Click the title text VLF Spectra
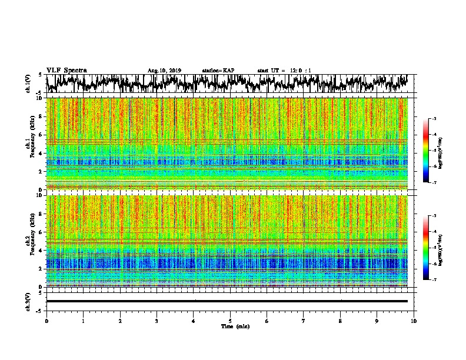click(66, 70)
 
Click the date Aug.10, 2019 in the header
click(165, 71)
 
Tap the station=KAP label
click(218, 71)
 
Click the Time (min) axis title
click(230, 326)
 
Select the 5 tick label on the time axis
click(230, 320)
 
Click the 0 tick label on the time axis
click(46, 320)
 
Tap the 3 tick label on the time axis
click(157, 320)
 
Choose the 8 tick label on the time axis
click(340, 320)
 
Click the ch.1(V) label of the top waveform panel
click(28, 84)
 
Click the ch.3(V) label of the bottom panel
click(28, 301)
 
